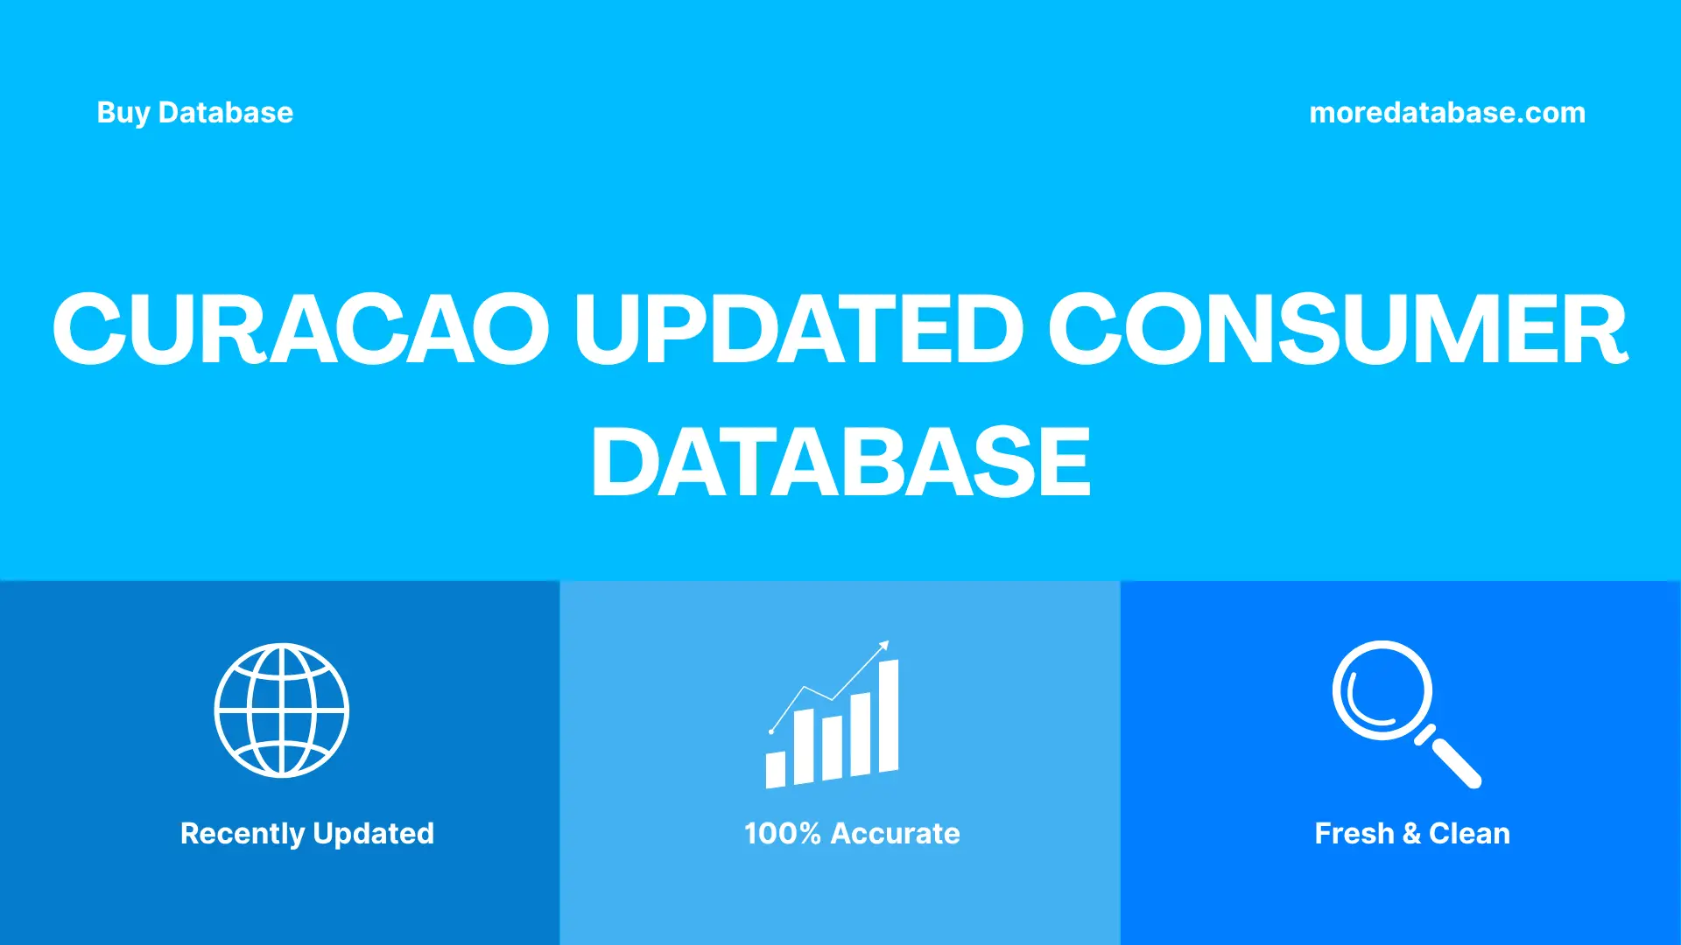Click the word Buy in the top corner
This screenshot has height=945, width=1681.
pyautogui.click(x=123, y=113)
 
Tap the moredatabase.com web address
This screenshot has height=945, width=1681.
pyautogui.click(x=1446, y=113)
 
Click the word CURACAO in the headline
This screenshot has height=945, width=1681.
pyautogui.click(x=300, y=329)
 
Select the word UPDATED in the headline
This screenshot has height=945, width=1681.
pyautogui.click(x=798, y=329)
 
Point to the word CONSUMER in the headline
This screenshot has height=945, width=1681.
pyautogui.click(x=1338, y=329)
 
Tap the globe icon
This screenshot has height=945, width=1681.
pyautogui.click(x=281, y=710)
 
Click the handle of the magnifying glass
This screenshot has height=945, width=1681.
pyautogui.click(x=1455, y=762)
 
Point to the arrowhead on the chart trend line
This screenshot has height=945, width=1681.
pyautogui.click(x=884, y=646)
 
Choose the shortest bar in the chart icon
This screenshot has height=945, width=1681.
pyautogui.click(x=776, y=769)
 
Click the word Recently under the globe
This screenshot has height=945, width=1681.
pyautogui.click(x=243, y=834)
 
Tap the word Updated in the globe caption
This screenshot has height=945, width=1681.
pyautogui.click(x=373, y=834)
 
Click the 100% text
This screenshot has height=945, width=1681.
pyautogui.click(x=782, y=834)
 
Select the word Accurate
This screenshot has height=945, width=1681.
pyautogui.click(x=895, y=834)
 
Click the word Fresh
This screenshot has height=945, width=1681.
pyautogui.click(x=1354, y=834)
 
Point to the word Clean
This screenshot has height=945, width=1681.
pyautogui.click(x=1469, y=834)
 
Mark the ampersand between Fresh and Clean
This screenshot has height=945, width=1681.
pyautogui.click(x=1411, y=834)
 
